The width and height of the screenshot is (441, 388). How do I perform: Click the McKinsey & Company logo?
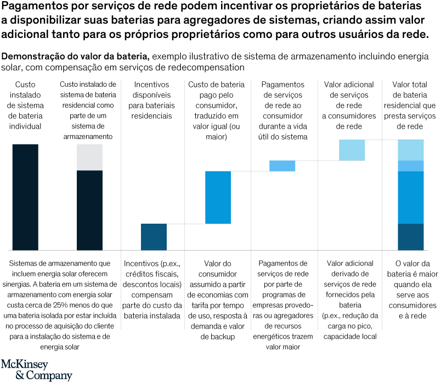pos(36,370)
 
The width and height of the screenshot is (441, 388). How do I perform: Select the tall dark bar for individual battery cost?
pos(25,197)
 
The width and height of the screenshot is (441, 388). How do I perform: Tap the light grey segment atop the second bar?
pos(89,157)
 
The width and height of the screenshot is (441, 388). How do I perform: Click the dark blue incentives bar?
pos(154,237)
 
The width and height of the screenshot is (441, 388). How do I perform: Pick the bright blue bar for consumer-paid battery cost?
pos(218,197)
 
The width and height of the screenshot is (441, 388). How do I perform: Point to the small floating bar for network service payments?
pos(282,165)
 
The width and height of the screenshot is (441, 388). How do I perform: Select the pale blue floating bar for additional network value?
pos(352,150)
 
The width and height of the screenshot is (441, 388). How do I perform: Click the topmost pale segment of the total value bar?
pos(411,150)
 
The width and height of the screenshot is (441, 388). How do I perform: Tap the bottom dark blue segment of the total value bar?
pos(411,237)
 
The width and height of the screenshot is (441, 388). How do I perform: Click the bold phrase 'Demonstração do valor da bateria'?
pos(76,57)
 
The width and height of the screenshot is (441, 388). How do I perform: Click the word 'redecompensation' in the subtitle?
pos(214,68)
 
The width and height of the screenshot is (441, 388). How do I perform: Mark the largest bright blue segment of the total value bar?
pos(411,197)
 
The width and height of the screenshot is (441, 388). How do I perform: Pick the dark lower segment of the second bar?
pos(89,210)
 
